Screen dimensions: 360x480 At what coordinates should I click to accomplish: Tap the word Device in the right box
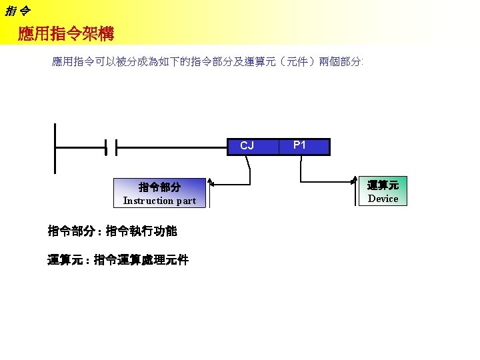click(383, 199)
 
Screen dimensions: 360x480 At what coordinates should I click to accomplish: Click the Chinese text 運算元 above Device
click(383, 185)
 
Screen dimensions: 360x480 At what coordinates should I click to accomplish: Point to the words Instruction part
click(159, 201)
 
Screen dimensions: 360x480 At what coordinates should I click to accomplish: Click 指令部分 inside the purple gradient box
click(159, 187)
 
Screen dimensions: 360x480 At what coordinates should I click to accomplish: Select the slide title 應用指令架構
click(66, 33)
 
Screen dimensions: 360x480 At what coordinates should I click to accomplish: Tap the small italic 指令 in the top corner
click(17, 9)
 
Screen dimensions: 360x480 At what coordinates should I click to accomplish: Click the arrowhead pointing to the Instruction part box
click(211, 181)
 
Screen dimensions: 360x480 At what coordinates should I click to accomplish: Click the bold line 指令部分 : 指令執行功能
click(111, 232)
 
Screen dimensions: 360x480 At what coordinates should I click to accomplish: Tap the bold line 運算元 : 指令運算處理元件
click(118, 260)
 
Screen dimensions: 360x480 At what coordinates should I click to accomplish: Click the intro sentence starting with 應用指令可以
click(207, 62)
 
